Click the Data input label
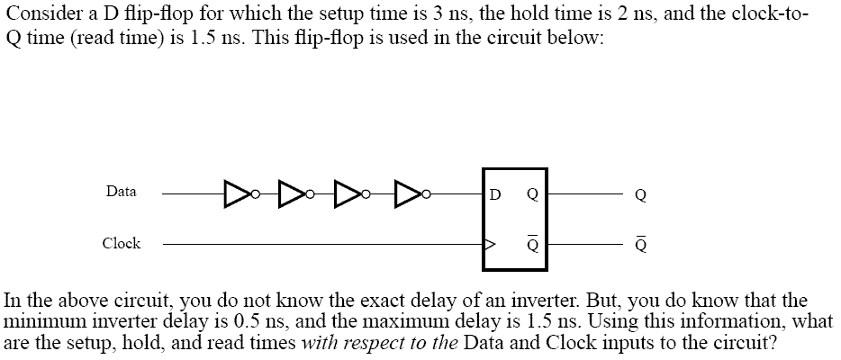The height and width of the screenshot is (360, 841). (x=122, y=191)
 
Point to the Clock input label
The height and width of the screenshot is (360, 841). (x=122, y=243)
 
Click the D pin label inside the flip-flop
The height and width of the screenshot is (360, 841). (x=495, y=195)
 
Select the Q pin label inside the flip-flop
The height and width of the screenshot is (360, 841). (x=532, y=195)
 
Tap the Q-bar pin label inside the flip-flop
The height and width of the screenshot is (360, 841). (x=532, y=245)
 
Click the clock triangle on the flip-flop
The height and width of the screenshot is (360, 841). (x=489, y=245)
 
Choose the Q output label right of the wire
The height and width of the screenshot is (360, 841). (x=640, y=196)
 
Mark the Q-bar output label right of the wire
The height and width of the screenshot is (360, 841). (x=640, y=246)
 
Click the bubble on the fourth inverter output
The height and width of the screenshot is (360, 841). (x=427, y=193)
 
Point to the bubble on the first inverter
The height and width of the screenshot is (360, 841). (x=256, y=193)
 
